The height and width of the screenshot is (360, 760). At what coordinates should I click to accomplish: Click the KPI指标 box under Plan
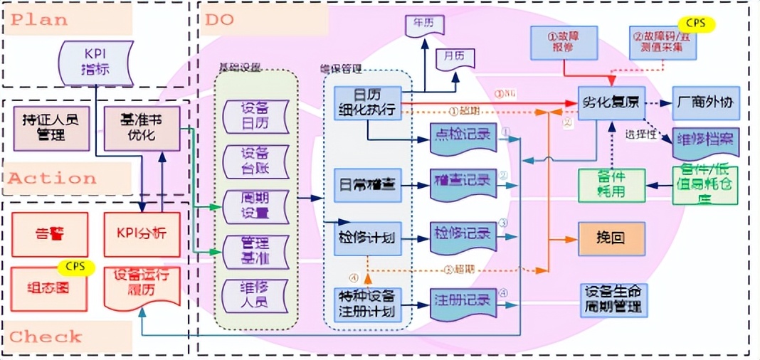95,62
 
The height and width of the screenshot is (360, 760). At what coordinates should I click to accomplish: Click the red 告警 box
50,233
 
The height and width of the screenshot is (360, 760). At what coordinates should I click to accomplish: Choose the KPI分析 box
141,233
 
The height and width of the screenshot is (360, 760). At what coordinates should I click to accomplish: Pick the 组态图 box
50,289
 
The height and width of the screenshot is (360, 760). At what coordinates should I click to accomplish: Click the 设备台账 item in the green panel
255,162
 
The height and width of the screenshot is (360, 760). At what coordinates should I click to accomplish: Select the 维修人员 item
255,295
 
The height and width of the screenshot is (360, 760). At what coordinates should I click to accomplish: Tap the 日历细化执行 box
367,105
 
